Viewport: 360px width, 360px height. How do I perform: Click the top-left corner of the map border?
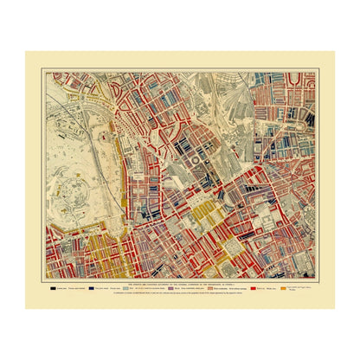click(46, 73)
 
